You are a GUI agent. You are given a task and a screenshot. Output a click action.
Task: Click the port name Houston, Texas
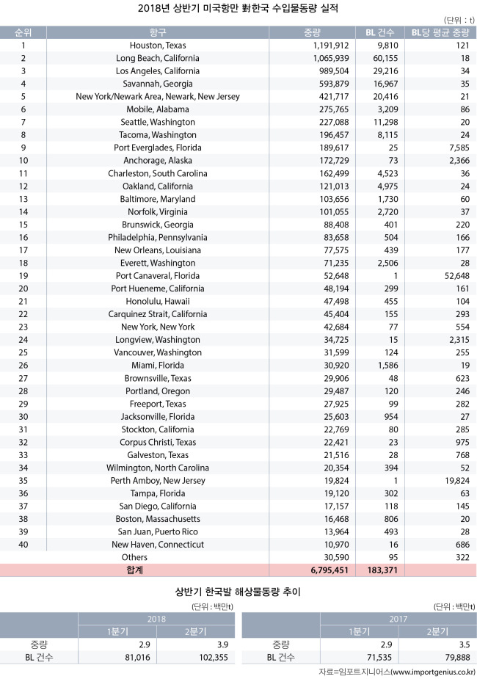(x=158, y=46)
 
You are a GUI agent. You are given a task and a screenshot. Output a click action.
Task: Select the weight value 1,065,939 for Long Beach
(x=322, y=58)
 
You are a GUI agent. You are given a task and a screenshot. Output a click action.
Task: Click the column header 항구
(x=158, y=32)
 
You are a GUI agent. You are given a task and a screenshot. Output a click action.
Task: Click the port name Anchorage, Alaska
(x=158, y=161)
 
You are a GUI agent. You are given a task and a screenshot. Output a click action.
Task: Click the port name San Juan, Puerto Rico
(x=158, y=531)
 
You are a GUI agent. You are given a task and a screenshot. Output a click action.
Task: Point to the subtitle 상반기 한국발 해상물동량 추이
(x=238, y=590)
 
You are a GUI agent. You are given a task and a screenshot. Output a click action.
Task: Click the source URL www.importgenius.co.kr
(x=434, y=672)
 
